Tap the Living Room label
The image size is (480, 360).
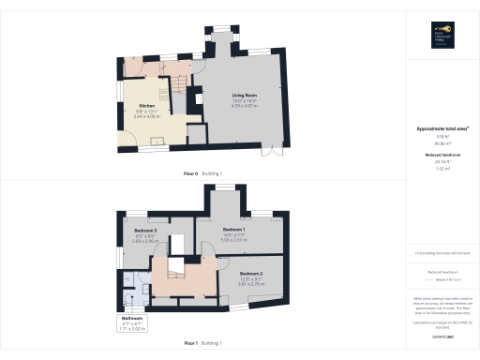[x=246, y=96]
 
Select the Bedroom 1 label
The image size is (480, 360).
[x=233, y=229]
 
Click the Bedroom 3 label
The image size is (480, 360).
[x=144, y=230]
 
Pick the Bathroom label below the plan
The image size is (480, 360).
[x=130, y=319]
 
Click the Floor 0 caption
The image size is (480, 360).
[x=197, y=174]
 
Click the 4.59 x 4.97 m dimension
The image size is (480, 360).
[x=246, y=106]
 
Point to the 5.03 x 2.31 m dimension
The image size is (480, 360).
[x=233, y=240]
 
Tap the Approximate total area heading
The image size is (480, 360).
[x=442, y=128]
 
